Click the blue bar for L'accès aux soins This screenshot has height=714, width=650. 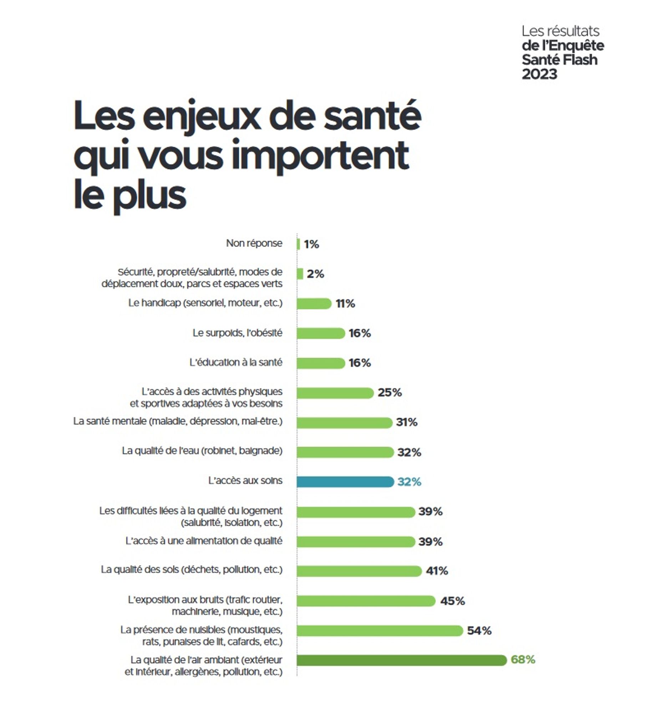click(345, 482)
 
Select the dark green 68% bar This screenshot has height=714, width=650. click(401, 660)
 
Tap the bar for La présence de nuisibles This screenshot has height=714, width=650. click(379, 630)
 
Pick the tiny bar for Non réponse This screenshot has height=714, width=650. click(298, 244)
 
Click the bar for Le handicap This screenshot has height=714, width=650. click(314, 303)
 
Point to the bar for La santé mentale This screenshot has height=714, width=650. click(344, 422)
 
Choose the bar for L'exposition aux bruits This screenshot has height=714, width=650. click(366, 601)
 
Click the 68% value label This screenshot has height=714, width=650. click(523, 659)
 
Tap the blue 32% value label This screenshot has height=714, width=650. click(409, 482)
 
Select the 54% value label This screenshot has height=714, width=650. click(479, 630)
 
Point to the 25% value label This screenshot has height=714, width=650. click(390, 392)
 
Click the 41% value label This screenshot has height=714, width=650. click(437, 571)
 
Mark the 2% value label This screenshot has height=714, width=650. click(315, 274)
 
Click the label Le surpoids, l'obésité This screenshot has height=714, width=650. click(237, 333)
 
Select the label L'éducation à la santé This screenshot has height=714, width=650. click(235, 362)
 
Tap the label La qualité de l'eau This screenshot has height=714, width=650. click(202, 451)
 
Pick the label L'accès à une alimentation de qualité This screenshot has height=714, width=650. click(204, 541)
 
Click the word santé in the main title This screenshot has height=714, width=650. click(372, 116)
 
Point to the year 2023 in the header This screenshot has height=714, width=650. click(539, 74)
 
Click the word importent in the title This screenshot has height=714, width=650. click(320, 156)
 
